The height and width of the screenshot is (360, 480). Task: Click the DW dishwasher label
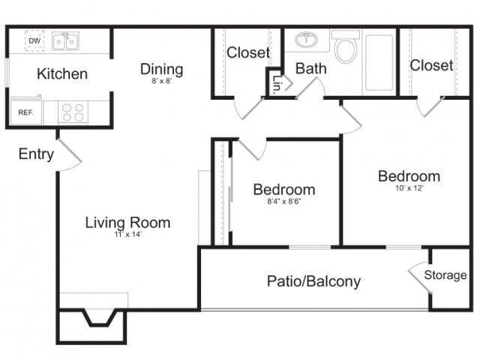pos(34,40)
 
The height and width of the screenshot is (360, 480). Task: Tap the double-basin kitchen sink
pos(65,40)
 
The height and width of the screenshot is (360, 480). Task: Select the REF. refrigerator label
pos(25,112)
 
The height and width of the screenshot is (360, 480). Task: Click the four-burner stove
pos(73,112)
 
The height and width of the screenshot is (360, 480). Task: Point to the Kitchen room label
pos(62,73)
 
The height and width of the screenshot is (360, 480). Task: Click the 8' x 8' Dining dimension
pos(162,81)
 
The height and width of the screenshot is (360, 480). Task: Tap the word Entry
pos(36,154)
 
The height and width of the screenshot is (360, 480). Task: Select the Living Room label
pos(127,223)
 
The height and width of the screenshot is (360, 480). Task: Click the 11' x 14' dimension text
pos(128,235)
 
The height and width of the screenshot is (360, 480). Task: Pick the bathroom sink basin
pos(307,40)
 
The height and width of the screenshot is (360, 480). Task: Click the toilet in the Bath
pos(346,46)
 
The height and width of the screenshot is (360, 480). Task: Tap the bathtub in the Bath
pos(379,63)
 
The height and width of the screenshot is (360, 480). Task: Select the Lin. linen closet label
pos(276,84)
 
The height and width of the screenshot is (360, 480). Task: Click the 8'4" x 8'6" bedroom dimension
pos(284,202)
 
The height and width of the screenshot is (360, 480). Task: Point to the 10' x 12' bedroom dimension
pos(409,188)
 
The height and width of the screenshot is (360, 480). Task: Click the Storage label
pos(445,275)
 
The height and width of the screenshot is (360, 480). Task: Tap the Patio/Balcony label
pos(313,281)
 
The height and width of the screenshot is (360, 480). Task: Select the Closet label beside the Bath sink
pos(248,52)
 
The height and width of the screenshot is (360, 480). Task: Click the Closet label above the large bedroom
pos(431,65)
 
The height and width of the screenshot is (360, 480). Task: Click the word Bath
pos(310,68)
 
